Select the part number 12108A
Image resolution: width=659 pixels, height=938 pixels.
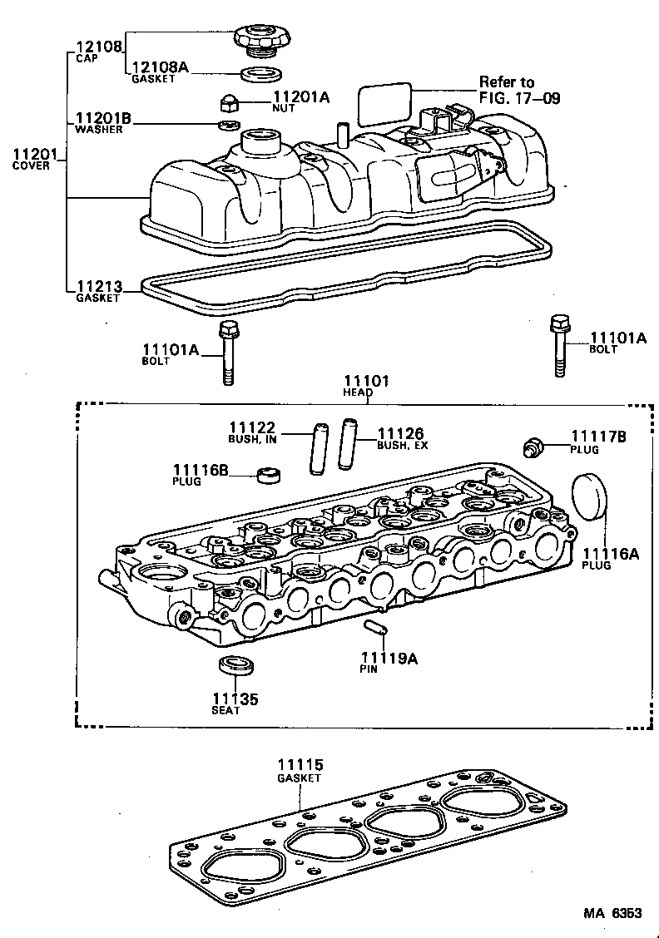coord(160,67)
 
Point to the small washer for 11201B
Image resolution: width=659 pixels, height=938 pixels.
coord(223,126)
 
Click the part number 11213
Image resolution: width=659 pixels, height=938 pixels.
coord(99,287)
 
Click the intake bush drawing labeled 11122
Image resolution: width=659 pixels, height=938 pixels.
coord(316,450)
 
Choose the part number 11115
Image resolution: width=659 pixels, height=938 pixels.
coord(300,765)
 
